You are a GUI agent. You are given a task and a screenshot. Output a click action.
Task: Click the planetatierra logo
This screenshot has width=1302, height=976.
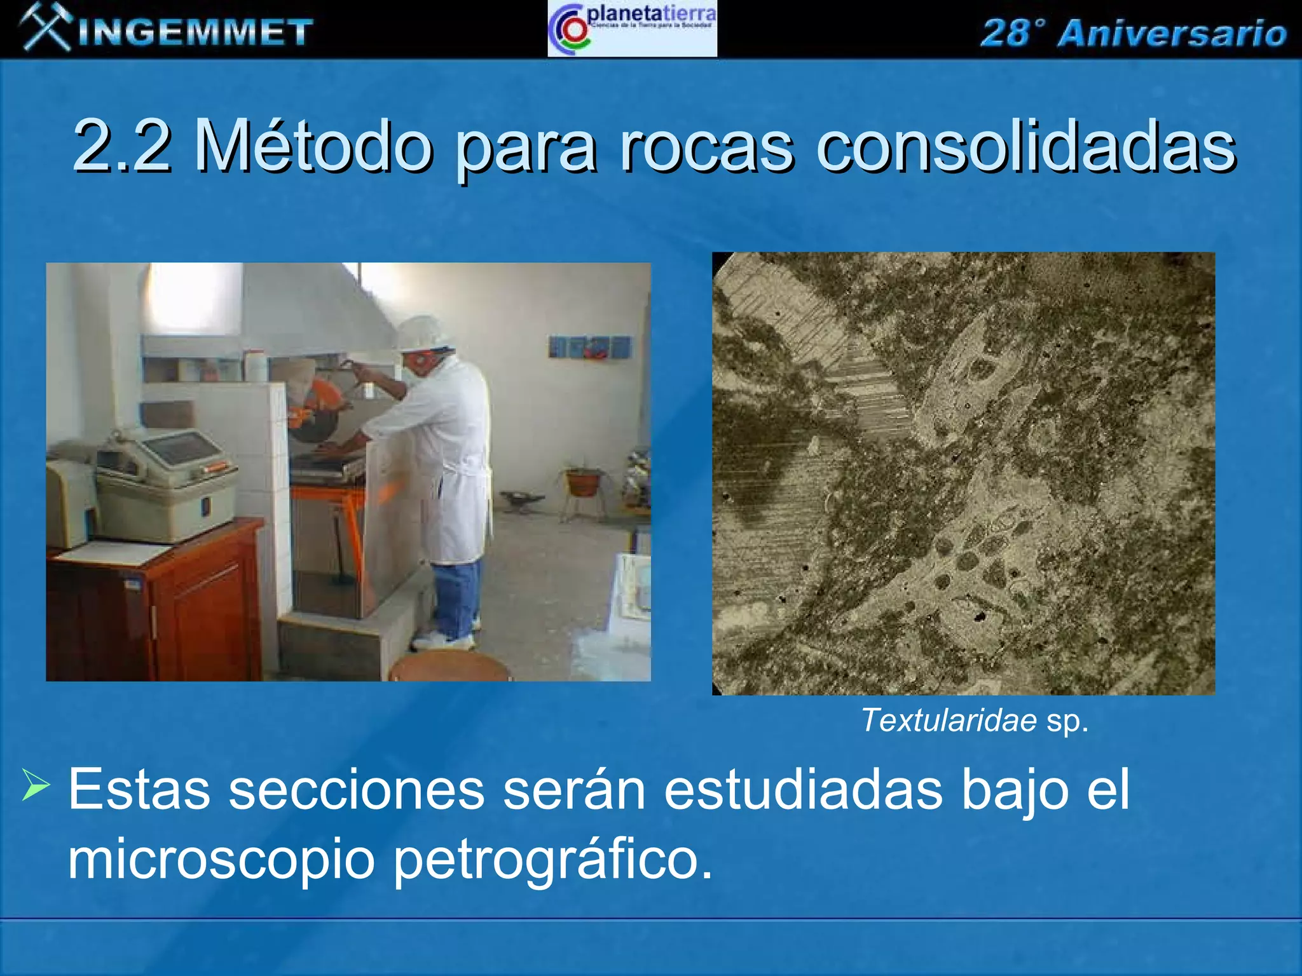point(632,29)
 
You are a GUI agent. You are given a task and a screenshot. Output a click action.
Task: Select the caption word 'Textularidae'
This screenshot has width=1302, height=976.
point(949,721)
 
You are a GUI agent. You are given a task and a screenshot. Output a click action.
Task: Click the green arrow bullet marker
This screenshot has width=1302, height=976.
point(36,785)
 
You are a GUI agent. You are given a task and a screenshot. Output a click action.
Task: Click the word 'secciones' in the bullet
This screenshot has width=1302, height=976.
point(356,790)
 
